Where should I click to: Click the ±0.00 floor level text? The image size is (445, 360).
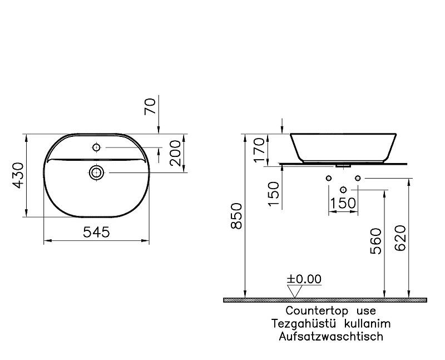(304, 279)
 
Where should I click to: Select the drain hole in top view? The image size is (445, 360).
(97, 172)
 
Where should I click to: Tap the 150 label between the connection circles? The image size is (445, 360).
(343, 203)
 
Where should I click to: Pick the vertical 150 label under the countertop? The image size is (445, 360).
(273, 193)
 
